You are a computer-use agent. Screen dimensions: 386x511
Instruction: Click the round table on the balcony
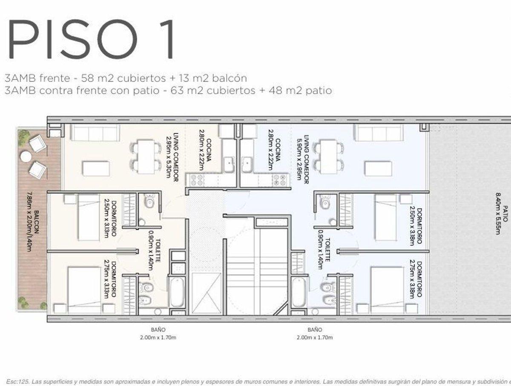click(26, 157)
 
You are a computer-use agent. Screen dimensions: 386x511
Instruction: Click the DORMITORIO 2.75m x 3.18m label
click(416, 279)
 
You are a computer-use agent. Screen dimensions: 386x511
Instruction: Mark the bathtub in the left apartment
click(177, 292)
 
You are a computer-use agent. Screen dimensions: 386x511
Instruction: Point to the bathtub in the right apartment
click(298, 292)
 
